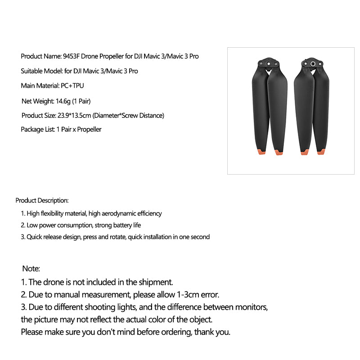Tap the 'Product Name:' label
41,57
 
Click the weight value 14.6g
63,101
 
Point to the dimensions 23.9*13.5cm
74,116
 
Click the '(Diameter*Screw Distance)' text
128,116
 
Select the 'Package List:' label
37,130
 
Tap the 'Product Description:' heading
42,200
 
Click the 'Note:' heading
31,269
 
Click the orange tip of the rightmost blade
321,152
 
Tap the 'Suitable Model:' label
40,71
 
